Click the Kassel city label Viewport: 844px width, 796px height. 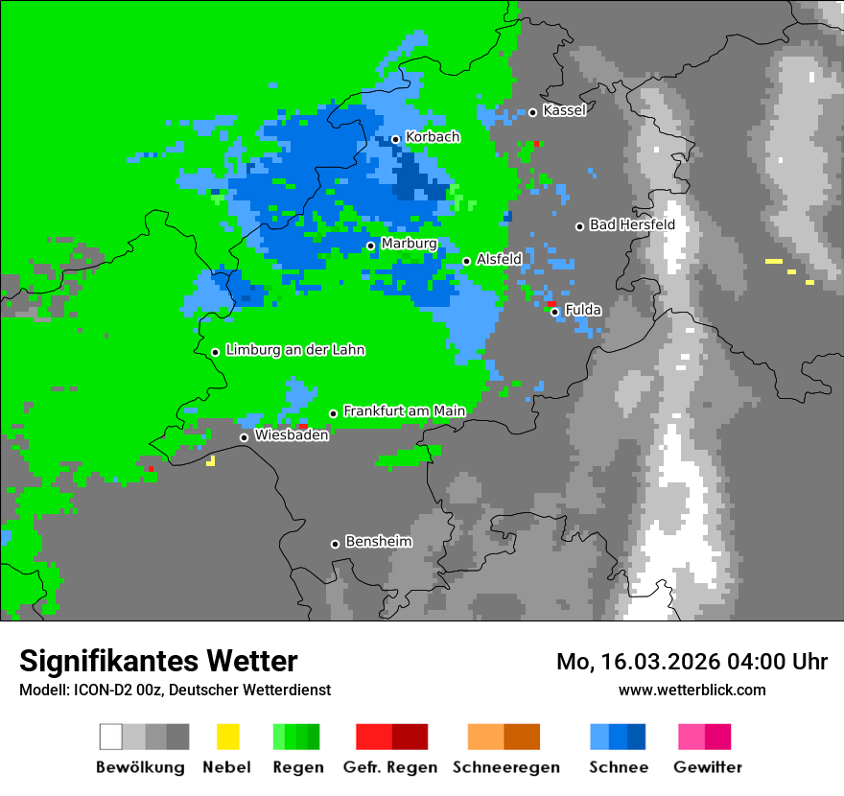tap(564, 110)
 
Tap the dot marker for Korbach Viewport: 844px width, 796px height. tap(395, 139)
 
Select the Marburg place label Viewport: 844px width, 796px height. tap(409, 244)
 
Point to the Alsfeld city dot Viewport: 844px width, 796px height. tap(466, 261)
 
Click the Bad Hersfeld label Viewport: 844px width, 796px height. tap(632, 224)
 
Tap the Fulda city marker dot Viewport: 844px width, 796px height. tap(554, 311)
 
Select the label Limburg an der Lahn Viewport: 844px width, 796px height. tap(295, 350)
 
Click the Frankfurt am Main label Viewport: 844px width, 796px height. tap(404, 410)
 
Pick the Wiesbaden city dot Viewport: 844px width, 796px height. tap(244, 437)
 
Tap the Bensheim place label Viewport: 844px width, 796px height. tap(378, 541)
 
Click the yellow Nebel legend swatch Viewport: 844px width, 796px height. tap(227, 737)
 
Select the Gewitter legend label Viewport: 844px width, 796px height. tap(707, 767)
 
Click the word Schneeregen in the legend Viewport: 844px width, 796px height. tap(505, 767)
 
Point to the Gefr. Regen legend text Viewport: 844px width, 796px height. tap(390, 767)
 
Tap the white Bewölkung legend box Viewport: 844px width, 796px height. tap(111, 737)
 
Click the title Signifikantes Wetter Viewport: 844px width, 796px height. tap(158, 661)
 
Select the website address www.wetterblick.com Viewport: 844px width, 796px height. tap(692, 690)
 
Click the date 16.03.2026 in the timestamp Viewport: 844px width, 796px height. tap(651, 662)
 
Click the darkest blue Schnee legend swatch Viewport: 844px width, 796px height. tap(637, 737)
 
